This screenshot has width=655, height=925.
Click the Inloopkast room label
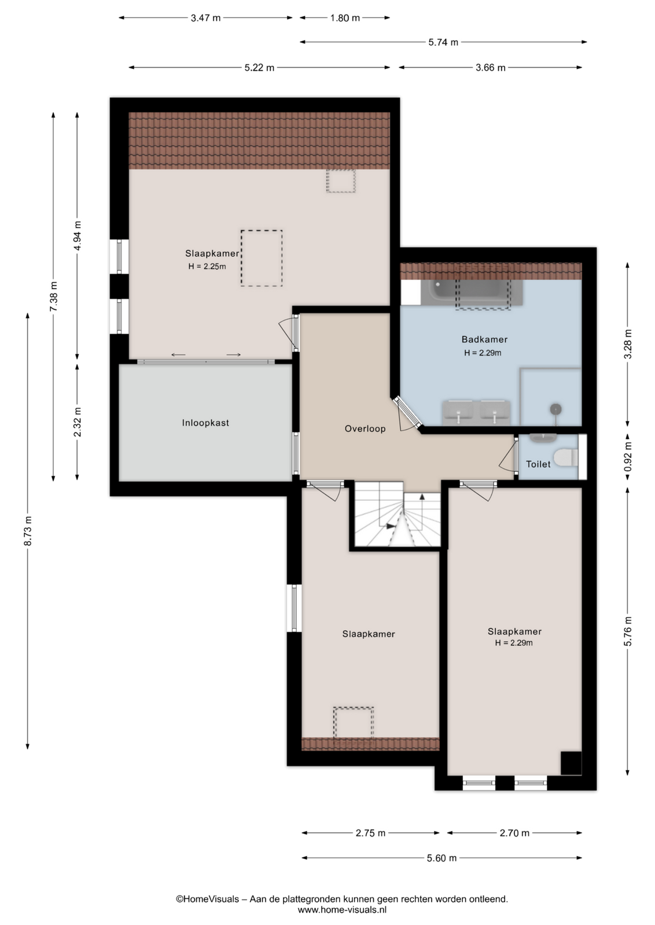pyautogui.click(x=205, y=423)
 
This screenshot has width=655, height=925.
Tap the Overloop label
pyautogui.click(x=365, y=428)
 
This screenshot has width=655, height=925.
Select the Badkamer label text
pyautogui.click(x=484, y=339)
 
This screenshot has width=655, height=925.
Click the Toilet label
pyautogui.click(x=538, y=464)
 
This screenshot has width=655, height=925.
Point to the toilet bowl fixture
pyautogui.click(x=565, y=457)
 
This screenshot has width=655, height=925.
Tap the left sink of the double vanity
pyautogui.click(x=458, y=412)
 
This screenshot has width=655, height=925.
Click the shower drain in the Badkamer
pyautogui.click(x=556, y=409)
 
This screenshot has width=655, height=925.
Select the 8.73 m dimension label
pyautogui.click(x=28, y=531)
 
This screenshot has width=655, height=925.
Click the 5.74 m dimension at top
pyautogui.click(x=443, y=42)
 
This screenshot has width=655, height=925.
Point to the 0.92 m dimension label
pyautogui.click(x=628, y=457)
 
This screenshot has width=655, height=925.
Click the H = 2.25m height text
pyautogui.click(x=207, y=267)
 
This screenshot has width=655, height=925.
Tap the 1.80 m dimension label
pyautogui.click(x=345, y=18)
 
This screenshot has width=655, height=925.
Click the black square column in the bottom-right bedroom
pyautogui.click(x=571, y=763)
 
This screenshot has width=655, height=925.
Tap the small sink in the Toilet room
pyautogui.click(x=543, y=438)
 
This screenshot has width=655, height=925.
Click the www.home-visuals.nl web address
pyautogui.click(x=342, y=909)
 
